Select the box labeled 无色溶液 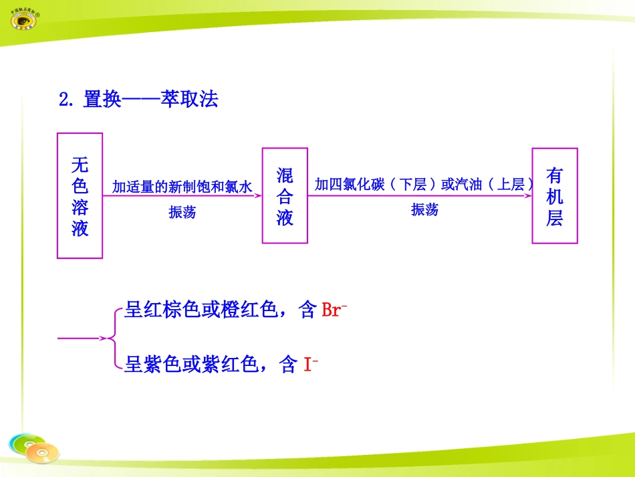80,195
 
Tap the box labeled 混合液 285,196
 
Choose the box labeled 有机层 554,196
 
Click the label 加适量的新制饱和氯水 182,187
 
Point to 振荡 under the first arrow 182,213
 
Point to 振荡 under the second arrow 424,210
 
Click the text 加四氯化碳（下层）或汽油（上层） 424,185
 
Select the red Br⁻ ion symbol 334,310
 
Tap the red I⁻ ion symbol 311,365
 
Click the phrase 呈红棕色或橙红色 201,310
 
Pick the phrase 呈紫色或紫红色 191,365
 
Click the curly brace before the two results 114,338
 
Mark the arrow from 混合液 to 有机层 420,196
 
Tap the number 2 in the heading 64,100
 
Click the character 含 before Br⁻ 307,310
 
